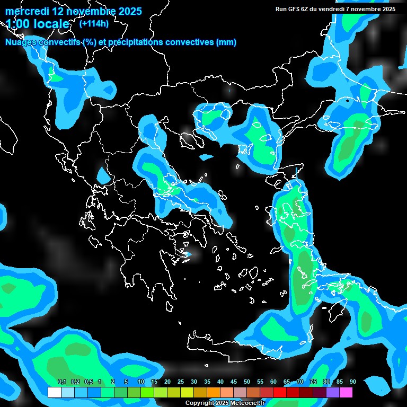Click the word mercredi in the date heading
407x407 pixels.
(26, 11)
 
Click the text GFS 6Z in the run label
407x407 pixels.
(299, 9)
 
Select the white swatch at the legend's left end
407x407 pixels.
(54, 393)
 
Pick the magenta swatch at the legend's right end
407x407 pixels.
(346, 393)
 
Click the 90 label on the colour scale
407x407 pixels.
(353, 382)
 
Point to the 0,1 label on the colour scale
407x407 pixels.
(62, 382)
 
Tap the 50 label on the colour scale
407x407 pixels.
(247, 382)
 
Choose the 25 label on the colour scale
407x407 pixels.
(181, 382)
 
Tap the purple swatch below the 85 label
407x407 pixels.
(333, 393)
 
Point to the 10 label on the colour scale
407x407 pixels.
(141, 382)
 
